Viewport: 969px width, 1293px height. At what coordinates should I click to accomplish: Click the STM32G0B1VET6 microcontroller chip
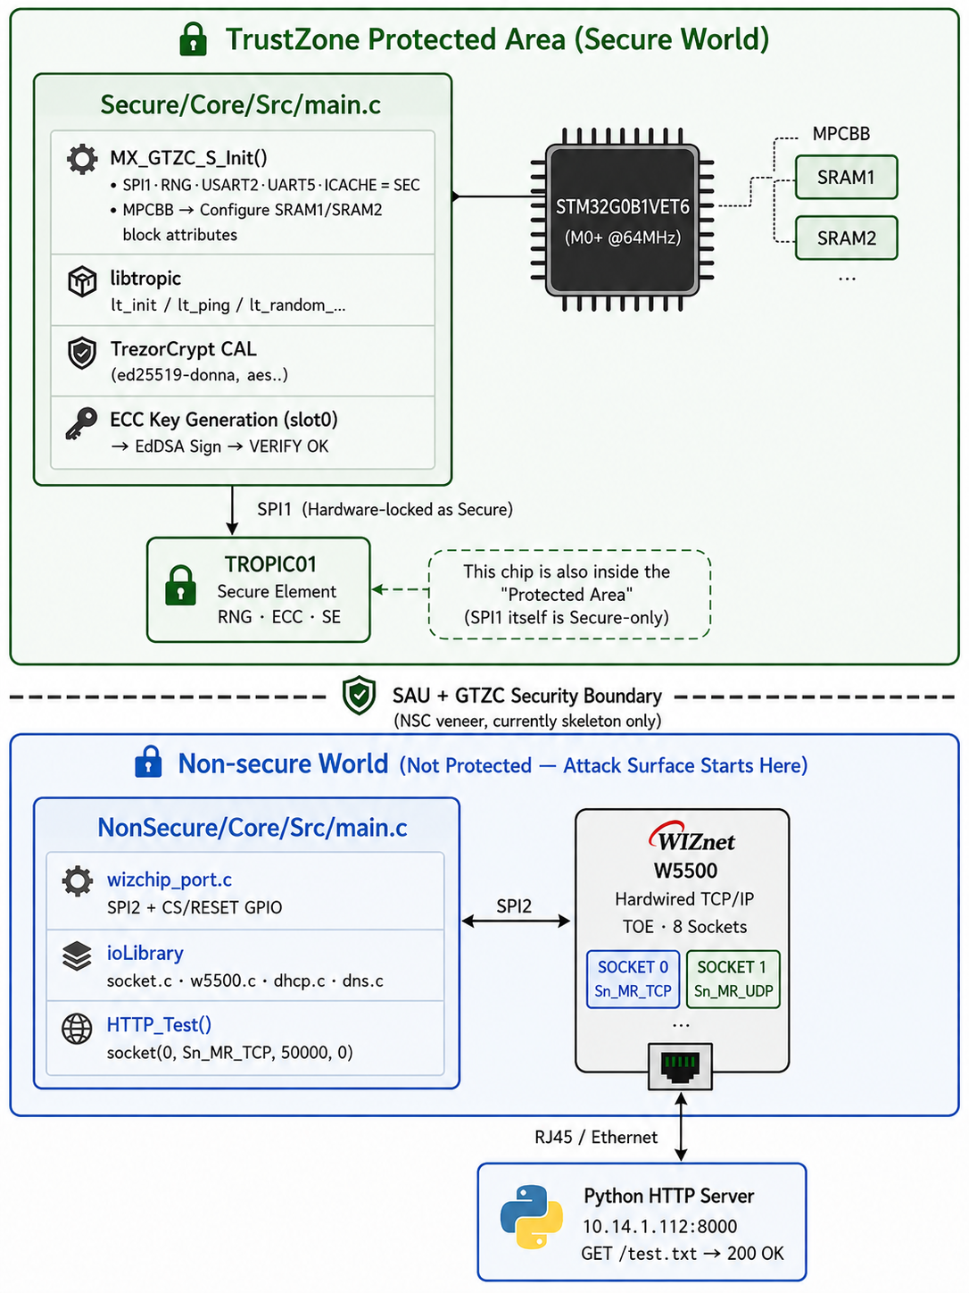[622, 219]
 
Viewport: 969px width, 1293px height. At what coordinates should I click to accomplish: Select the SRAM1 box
[846, 178]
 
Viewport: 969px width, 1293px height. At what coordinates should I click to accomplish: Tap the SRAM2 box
[846, 238]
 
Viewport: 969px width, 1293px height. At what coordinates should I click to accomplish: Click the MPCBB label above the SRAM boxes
[841, 134]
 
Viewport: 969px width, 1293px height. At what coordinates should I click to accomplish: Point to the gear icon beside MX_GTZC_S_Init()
[82, 158]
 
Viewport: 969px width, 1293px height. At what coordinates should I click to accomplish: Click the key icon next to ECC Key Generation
[81, 423]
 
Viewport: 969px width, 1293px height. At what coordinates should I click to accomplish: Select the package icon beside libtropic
[82, 280]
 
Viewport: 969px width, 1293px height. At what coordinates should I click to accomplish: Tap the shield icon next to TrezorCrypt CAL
[82, 353]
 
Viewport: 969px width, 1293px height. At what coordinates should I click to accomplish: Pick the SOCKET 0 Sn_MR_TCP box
[633, 979]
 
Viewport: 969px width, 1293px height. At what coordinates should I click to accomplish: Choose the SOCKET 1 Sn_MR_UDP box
[733, 979]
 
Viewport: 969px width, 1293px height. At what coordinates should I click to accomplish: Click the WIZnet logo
[692, 837]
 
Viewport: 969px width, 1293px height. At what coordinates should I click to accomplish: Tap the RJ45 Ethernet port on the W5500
[680, 1066]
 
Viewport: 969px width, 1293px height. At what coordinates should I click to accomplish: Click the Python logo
[531, 1217]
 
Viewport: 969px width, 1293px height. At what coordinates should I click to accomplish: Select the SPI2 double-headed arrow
[516, 921]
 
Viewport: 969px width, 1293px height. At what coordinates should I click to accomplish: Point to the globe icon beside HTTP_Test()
[77, 1029]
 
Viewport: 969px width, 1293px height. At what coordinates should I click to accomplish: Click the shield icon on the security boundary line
[359, 696]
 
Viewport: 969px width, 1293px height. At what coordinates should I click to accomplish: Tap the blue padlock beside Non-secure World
[148, 762]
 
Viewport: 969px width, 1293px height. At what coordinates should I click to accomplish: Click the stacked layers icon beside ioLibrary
[77, 955]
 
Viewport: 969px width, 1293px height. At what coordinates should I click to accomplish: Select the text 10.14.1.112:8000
[659, 1226]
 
